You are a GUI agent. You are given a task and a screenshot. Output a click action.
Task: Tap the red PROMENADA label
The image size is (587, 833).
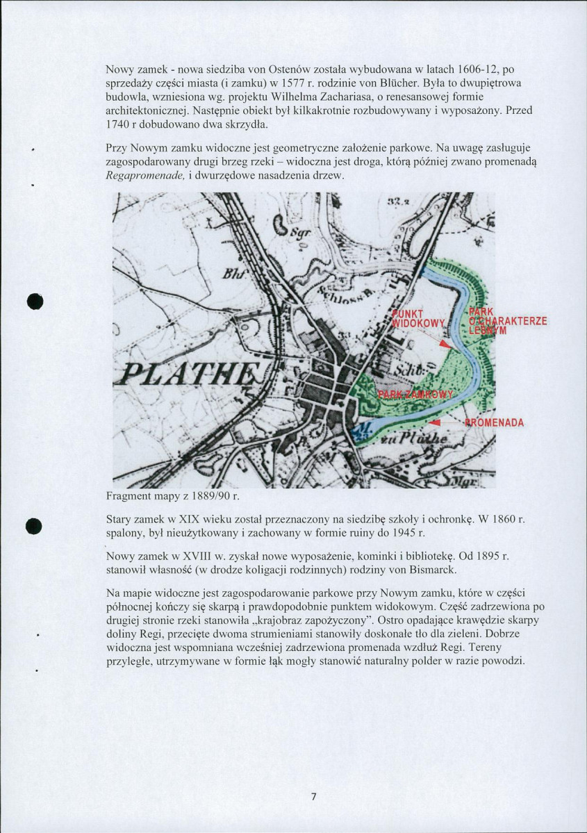(x=495, y=423)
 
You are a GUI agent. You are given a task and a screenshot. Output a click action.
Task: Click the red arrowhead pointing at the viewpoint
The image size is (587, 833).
(x=445, y=345)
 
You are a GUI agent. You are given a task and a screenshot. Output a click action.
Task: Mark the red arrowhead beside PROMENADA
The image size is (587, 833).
(x=435, y=422)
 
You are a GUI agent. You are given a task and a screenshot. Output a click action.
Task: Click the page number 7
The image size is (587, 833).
(x=313, y=796)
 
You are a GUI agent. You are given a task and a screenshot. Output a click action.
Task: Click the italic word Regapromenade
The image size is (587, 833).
(x=146, y=176)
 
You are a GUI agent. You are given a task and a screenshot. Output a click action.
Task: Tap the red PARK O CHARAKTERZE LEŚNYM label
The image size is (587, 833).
(x=507, y=321)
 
